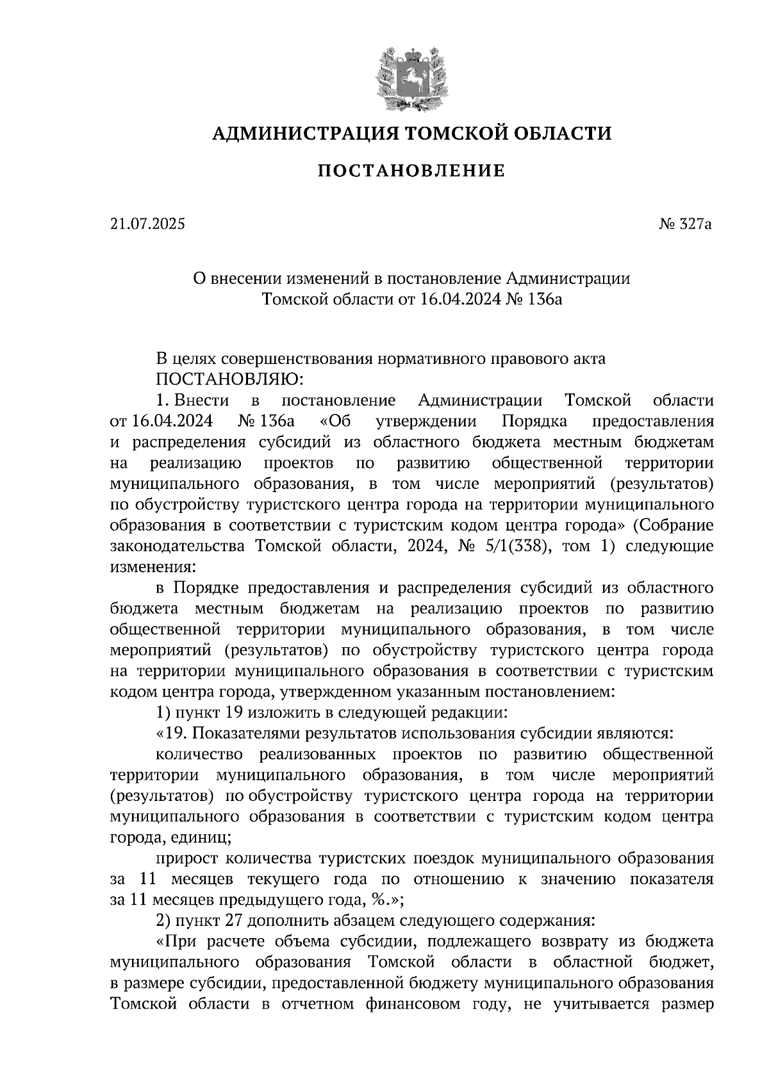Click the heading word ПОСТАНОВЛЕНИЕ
411,171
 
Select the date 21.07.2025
146,224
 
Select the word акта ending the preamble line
588,359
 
